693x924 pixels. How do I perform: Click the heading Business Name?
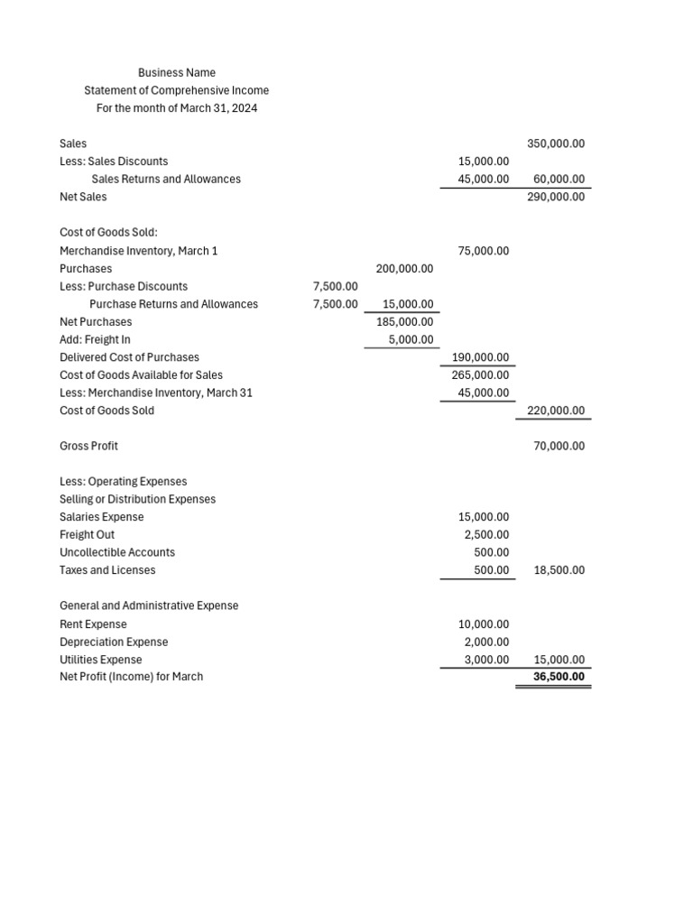coord(176,72)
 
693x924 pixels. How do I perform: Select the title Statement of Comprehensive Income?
coord(176,90)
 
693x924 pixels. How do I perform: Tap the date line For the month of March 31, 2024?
coord(176,108)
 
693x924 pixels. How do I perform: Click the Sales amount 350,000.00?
coord(556,143)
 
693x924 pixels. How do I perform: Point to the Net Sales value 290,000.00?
coord(556,197)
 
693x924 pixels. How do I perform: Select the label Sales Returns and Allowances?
coord(166,179)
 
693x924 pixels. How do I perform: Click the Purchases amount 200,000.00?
coord(404,269)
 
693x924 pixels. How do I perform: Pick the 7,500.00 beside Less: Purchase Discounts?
coord(335,286)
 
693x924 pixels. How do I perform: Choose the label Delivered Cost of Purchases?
coord(129,357)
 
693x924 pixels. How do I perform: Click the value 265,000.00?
coord(480,374)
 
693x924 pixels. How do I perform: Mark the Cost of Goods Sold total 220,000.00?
coord(556,411)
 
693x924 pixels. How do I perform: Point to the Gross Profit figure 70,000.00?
coord(559,446)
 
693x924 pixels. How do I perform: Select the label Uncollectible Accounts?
coord(117,552)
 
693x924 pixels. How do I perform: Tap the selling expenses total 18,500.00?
coord(559,570)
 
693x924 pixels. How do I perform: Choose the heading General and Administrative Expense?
coord(149,605)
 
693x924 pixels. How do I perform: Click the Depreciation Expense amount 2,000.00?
coord(484,642)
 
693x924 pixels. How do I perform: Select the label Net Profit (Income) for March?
coord(131,677)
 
